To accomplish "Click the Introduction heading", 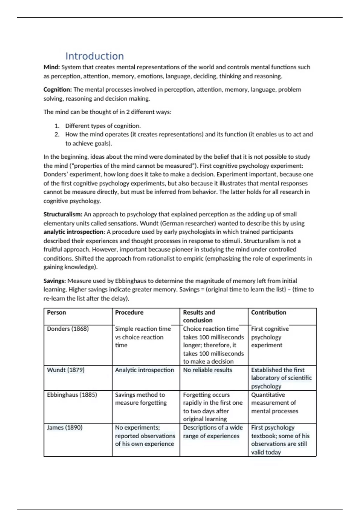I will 94,56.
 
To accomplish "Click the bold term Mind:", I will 52,67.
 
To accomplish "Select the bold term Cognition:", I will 58,90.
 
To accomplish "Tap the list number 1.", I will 57,126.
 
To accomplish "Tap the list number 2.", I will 57,135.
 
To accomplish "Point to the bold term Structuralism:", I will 63,214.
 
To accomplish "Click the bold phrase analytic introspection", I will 73,232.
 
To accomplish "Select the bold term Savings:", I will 55,281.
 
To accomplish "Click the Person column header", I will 56,313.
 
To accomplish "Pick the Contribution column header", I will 268,313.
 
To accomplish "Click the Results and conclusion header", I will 199,316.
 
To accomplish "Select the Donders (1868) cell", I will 68,329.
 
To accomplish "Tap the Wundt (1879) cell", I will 66,370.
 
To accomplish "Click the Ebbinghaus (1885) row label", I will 72,395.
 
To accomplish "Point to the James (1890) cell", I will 64,427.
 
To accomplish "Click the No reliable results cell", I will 208,370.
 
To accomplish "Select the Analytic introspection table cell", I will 144,370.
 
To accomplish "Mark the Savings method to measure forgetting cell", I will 141,399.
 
